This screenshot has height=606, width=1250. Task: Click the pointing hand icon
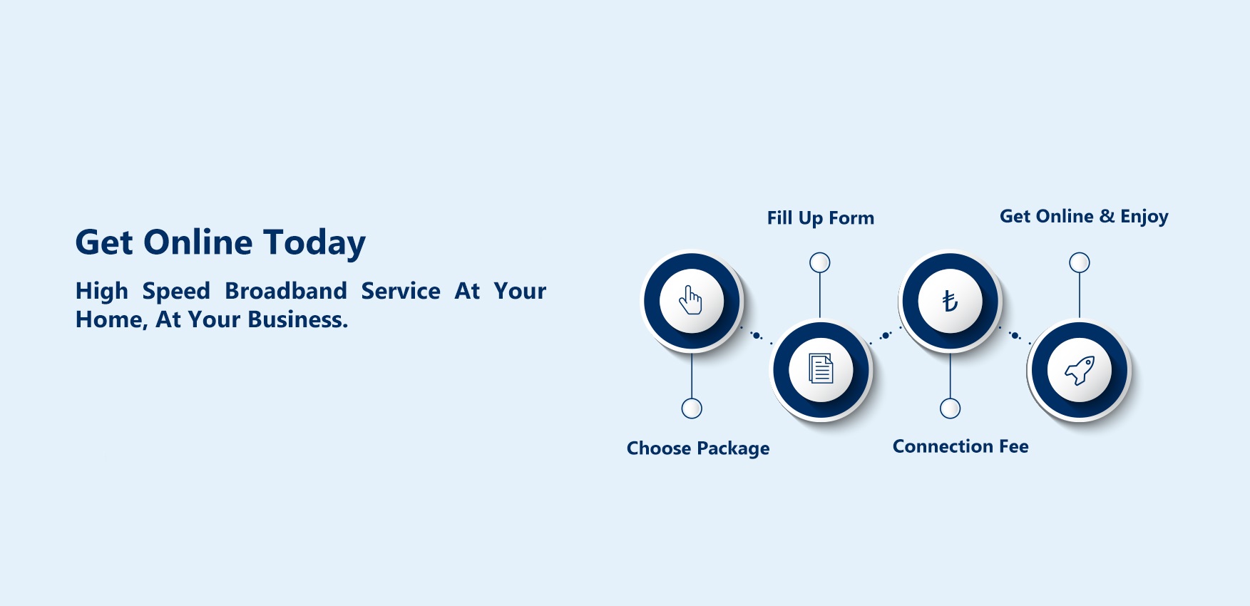pyautogui.click(x=691, y=300)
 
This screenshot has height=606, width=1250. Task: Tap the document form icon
pyautogui.click(x=821, y=369)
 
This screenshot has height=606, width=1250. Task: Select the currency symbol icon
pyautogui.click(x=950, y=301)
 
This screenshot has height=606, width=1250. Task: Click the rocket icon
pyautogui.click(x=1080, y=370)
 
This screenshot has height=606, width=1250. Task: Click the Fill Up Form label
pyautogui.click(x=820, y=218)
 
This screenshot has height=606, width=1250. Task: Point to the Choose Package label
pyautogui.click(x=697, y=448)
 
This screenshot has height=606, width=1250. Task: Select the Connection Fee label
pyautogui.click(x=960, y=446)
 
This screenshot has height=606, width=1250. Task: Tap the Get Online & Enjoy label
pyautogui.click(x=1083, y=217)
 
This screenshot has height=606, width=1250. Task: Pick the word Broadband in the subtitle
pyautogui.click(x=286, y=291)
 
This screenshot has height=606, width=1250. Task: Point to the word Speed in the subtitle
pyautogui.click(x=176, y=291)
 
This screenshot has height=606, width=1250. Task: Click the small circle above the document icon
pyautogui.click(x=820, y=262)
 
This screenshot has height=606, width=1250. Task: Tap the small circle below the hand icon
pyautogui.click(x=692, y=409)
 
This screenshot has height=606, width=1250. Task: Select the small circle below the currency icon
pyautogui.click(x=950, y=409)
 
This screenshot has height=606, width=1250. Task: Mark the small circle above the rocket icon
pyautogui.click(x=1080, y=262)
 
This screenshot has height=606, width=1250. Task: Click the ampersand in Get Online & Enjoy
pyautogui.click(x=1107, y=216)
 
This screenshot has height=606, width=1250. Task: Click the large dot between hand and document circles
pyautogui.click(x=756, y=335)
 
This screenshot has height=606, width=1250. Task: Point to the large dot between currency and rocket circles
pyautogui.click(x=1014, y=335)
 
